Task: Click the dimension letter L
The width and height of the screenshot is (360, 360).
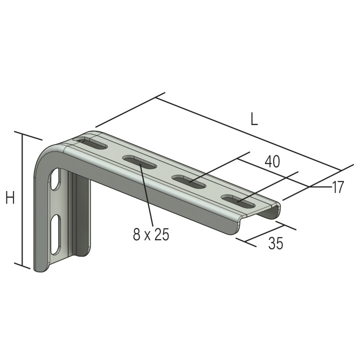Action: pos(254,119)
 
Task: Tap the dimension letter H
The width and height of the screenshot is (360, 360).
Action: pos(10,198)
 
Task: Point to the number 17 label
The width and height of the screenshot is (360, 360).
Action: pos(338,187)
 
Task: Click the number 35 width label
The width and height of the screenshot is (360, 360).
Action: pos(275,243)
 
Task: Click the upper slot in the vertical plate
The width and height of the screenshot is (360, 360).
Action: pos(56,180)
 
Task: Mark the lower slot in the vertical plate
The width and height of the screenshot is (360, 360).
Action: pos(55,234)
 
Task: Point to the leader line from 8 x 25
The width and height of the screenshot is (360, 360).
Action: pos(146,195)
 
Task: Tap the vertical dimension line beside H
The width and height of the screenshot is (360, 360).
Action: pos(22,200)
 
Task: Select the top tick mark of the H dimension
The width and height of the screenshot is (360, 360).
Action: pos(28,136)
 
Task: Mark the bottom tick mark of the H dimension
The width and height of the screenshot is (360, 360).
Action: pos(22,265)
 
